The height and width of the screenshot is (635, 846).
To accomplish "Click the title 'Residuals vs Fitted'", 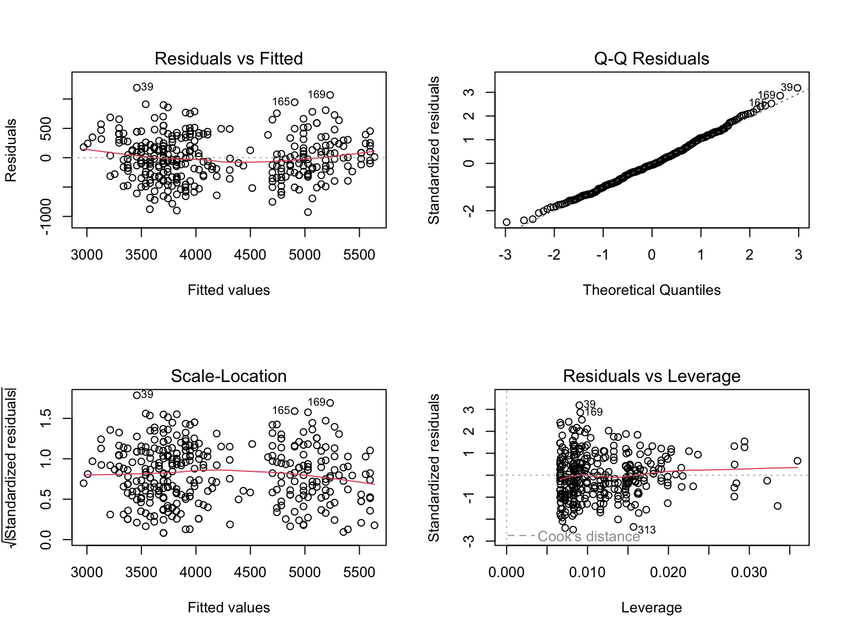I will (229, 58).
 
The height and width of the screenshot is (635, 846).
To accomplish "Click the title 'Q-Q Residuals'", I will (651, 58).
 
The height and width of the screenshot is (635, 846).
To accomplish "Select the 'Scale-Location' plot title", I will (229, 376).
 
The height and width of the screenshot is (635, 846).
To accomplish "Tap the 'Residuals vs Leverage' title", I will (651, 376).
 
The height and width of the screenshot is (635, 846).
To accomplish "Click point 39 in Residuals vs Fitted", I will (137, 88).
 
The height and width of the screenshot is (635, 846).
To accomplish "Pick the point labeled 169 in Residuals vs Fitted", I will (330, 95).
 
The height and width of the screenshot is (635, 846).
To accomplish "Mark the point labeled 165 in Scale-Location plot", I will (295, 411).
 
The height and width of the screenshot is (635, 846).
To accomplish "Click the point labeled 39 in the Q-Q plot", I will (797, 88).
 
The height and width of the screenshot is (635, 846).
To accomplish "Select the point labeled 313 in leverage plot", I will (633, 528).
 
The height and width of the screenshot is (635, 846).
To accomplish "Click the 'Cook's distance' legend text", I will (588, 536).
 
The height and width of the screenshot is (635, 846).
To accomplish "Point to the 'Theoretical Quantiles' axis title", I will (651, 290).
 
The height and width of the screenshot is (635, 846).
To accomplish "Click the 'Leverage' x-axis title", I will (651, 607).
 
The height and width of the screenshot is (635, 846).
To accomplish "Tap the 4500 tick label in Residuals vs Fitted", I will (250, 255).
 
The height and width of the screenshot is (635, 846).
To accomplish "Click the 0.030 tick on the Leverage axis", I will (749, 572).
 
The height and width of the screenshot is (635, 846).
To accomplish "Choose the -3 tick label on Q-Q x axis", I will (505, 255).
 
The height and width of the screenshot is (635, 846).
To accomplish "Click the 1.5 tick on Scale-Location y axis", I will (46, 418).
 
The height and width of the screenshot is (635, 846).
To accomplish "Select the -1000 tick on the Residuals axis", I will (46, 217).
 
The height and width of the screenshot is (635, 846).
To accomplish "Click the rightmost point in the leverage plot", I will (797, 461).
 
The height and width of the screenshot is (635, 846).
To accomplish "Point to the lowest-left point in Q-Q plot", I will (507, 222).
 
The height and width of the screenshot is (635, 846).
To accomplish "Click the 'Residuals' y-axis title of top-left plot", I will (11, 150).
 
